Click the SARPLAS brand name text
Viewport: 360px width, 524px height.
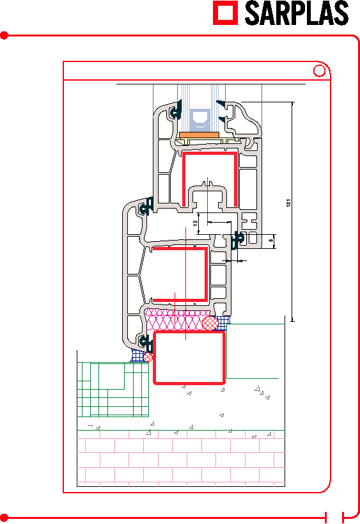point(297,13)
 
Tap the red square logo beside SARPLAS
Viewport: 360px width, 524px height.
point(226,13)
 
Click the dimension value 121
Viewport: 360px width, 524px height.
point(288,203)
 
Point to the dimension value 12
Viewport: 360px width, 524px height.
point(196,223)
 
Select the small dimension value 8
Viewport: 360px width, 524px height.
point(271,240)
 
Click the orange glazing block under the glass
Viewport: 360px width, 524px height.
point(200,134)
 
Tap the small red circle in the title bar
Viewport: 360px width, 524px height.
point(319,71)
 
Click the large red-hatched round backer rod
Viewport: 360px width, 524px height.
point(210,323)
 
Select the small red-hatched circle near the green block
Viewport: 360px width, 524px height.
point(148,357)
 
